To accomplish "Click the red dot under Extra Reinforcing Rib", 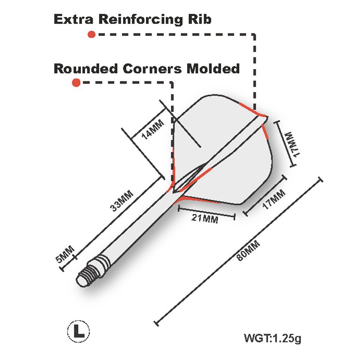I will pyautogui.click(x=91, y=34).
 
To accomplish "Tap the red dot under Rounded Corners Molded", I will pyautogui.click(x=76, y=83).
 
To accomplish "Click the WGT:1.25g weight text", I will pyautogui.click(x=273, y=339).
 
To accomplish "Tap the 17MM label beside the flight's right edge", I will pyautogui.click(x=291, y=144).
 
